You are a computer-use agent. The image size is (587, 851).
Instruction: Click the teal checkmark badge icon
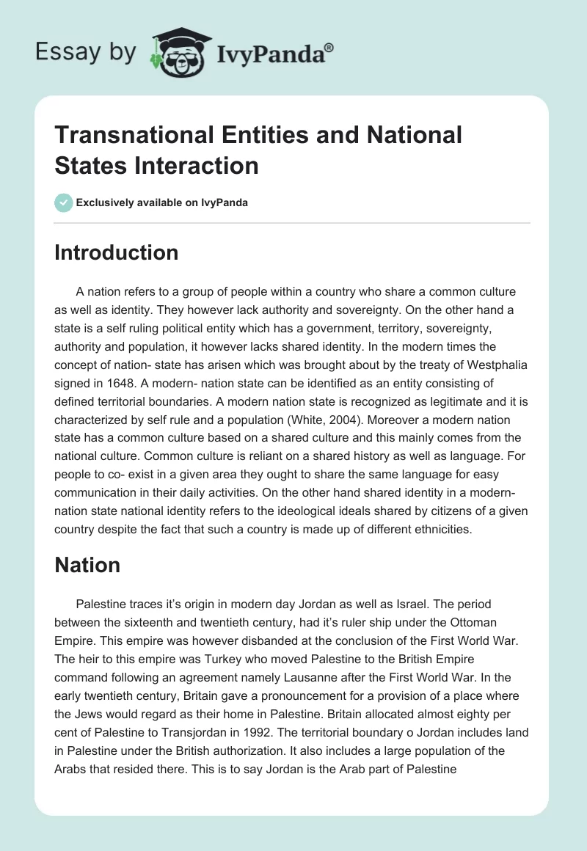(x=64, y=202)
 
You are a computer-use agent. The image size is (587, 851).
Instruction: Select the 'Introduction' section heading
(x=117, y=252)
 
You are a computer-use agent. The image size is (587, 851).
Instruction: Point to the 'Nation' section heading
(x=87, y=565)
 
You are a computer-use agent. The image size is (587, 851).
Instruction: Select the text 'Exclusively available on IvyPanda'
(x=163, y=202)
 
